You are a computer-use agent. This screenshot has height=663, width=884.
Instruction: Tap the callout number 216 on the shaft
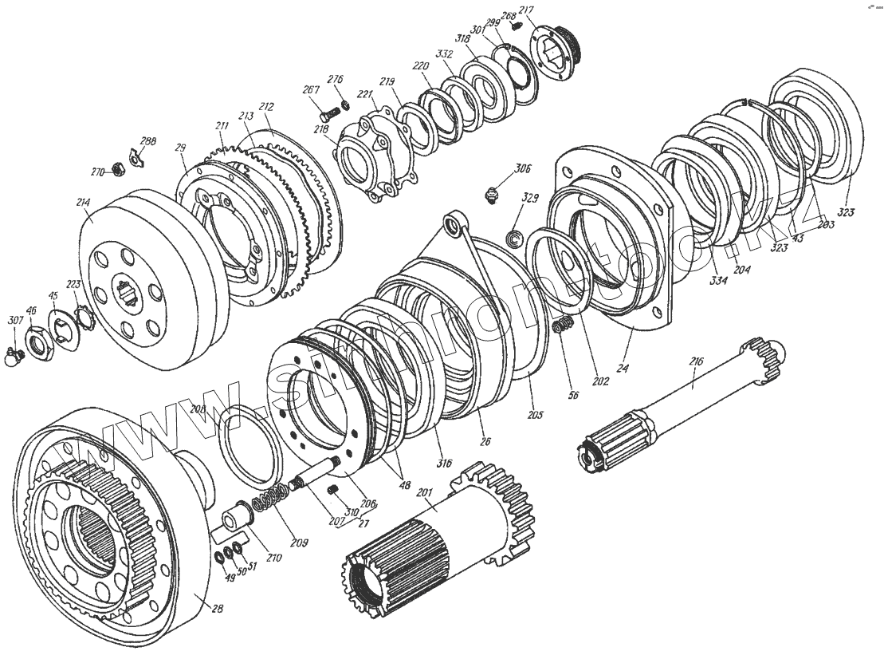(696, 361)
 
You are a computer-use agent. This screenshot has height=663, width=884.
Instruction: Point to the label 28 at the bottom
(218, 608)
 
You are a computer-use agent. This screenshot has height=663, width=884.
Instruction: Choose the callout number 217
(526, 10)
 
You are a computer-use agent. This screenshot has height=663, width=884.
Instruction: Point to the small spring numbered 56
(564, 326)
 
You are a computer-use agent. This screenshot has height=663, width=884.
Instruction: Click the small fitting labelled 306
(493, 194)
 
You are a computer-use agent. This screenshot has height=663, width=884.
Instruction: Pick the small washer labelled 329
(514, 236)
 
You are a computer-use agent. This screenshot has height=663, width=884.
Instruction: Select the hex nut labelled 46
(37, 342)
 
